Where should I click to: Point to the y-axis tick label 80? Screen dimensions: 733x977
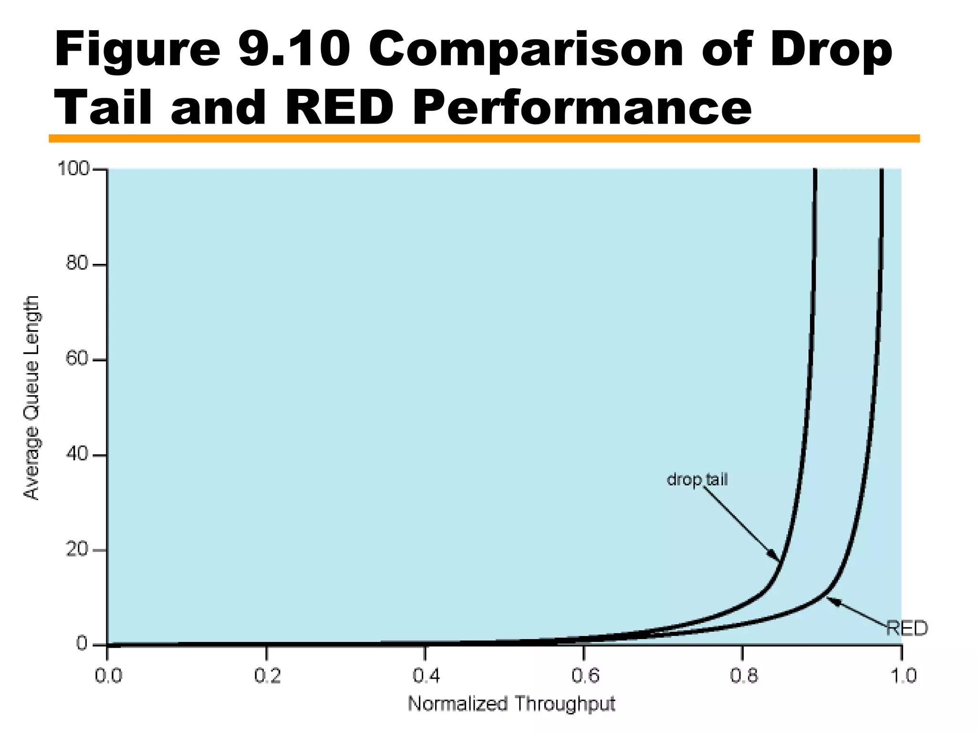[78, 263]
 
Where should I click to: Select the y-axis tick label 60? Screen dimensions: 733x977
[77, 359]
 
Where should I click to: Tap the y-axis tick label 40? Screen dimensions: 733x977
[77, 454]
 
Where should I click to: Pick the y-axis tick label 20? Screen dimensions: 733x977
[77, 550]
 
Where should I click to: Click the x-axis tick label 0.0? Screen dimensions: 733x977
[108, 676]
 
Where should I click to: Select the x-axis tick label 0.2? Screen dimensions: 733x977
[267, 676]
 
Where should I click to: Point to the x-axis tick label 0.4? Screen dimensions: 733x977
[426, 676]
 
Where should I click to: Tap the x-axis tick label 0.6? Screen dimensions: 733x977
[585, 676]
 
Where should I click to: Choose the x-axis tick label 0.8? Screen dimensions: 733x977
[743, 676]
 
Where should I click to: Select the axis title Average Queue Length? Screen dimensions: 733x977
[31, 398]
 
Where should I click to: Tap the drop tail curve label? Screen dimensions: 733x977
[697, 480]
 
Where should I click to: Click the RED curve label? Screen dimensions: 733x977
[907, 628]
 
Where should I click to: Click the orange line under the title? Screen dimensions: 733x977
[484, 138]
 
